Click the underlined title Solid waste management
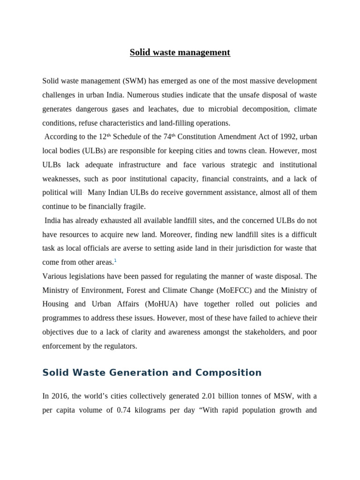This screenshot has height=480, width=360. pyautogui.click(x=180, y=52)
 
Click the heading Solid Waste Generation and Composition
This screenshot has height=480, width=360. pyautogui.click(x=152, y=373)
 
